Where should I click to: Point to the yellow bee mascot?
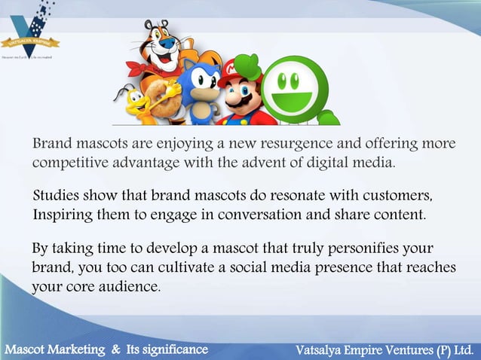[136, 102]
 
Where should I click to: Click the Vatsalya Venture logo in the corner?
[30, 33]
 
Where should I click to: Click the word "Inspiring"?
[62, 215]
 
